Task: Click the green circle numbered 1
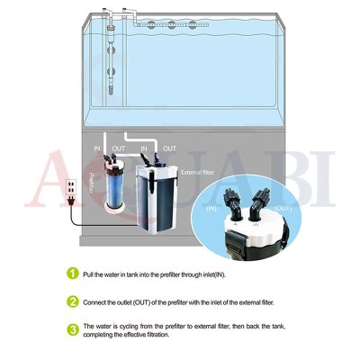[x=73, y=274]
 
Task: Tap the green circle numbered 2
[x=73, y=301]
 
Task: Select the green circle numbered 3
[x=73, y=330]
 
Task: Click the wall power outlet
[x=71, y=187]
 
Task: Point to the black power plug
[x=71, y=201]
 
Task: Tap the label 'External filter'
[x=198, y=173]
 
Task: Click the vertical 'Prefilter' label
[x=91, y=183]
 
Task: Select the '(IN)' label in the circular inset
[x=211, y=208]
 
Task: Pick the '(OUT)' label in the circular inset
[x=282, y=208]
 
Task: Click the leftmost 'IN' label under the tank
[x=97, y=148]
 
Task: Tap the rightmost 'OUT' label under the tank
[x=169, y=148]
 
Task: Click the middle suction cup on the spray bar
[x=172, y=25]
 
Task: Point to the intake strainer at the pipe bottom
[x=111, y=89]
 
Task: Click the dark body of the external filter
[x=162, y=205]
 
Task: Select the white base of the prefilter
[x=114, y=208]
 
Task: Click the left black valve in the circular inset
[x=232, y=204]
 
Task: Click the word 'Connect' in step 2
[x=94, y=302]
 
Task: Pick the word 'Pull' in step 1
[x=88, y=274]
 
